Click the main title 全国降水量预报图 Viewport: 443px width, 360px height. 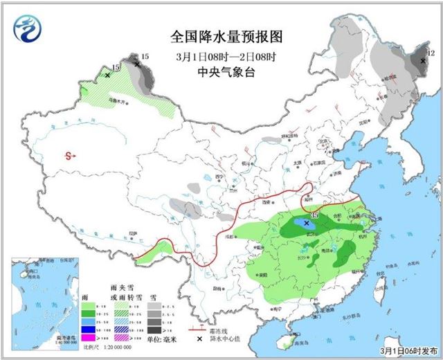pos(228,36)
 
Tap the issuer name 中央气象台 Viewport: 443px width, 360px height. pos(228,71)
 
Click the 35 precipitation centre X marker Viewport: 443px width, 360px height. pos(306,224)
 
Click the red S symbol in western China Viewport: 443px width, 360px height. pos(69,156)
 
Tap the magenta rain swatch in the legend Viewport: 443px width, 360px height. pos(88,336)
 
